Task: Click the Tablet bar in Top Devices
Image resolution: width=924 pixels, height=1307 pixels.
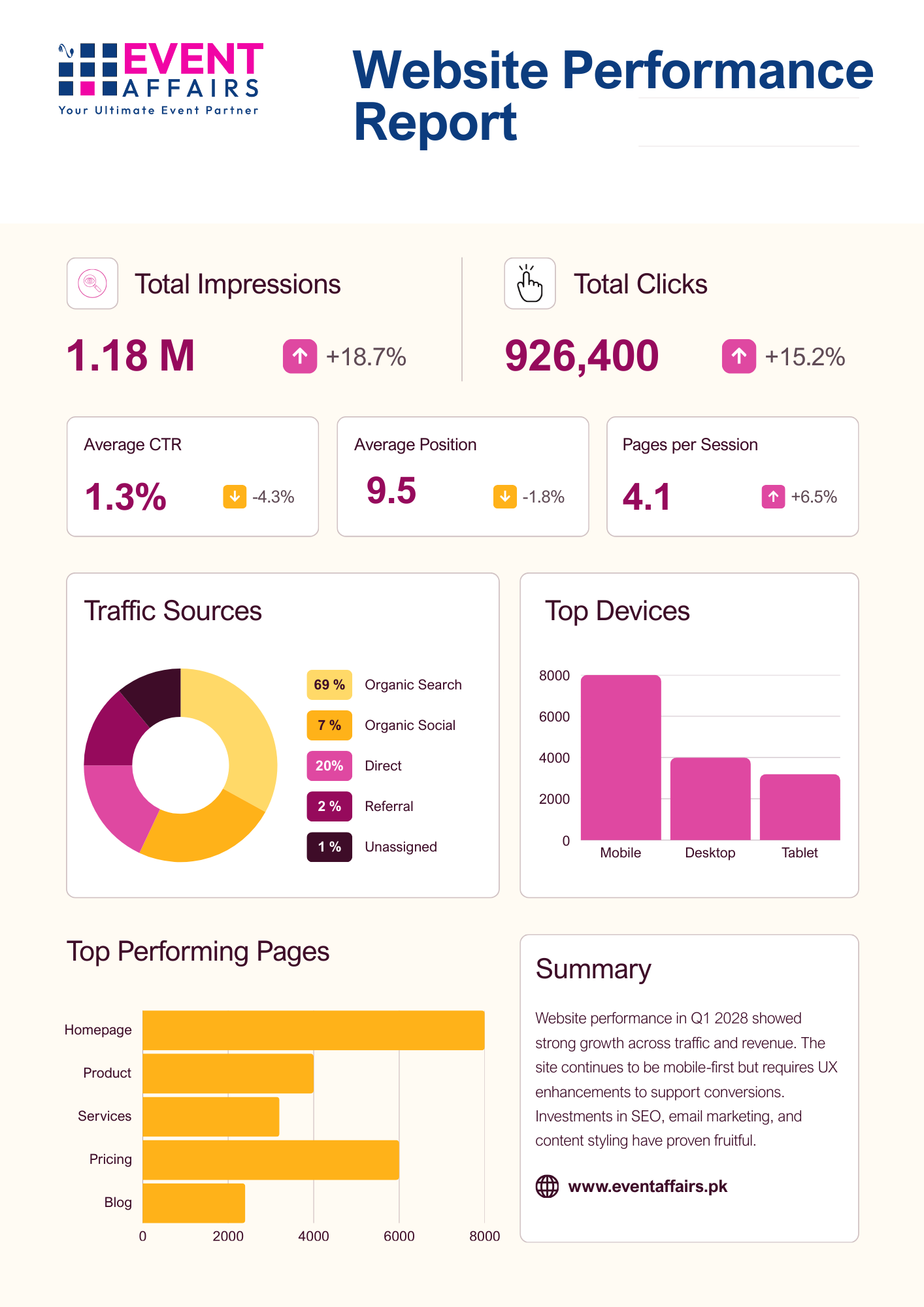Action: [x=800, y=807]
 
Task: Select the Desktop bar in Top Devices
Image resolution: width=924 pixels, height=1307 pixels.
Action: [x=710, y=799]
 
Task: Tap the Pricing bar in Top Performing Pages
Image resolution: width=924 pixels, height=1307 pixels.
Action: [x=271, y=1160]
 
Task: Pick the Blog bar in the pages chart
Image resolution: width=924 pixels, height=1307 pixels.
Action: [x=193, y=1203]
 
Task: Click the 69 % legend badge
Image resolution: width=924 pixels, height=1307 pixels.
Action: [x=329, y=685]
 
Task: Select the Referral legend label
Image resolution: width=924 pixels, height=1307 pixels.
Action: [x=389, y=806]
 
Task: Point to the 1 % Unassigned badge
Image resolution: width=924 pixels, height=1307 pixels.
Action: [x=329, y=847]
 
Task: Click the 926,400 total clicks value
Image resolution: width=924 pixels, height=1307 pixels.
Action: [x=582, y=356]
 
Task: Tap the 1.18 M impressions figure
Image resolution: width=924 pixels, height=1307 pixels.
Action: [x=131, y=356]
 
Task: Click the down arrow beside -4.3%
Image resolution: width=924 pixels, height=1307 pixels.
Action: [x=235, y=497]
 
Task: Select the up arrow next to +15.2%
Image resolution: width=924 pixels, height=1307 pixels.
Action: [x=739, y=356]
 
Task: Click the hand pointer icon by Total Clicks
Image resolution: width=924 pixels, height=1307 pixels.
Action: [x=530, y=284]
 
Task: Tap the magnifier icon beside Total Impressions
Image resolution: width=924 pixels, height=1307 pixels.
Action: [x=92, y=284]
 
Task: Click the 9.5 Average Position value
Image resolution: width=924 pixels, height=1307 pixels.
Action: [x=391, y=491]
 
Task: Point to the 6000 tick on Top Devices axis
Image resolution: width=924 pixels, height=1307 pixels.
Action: [x=554, y=717]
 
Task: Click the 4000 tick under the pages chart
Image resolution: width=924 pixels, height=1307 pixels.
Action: [x=314, y=1236]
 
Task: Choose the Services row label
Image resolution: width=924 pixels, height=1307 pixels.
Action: [x=105, y=1116]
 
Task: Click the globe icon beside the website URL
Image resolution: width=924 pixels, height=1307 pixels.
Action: [x=548, y=1186]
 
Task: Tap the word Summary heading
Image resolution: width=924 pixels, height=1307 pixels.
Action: [x=593, y=969]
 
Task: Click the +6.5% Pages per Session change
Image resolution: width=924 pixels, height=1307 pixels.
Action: [x=814, y=497]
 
